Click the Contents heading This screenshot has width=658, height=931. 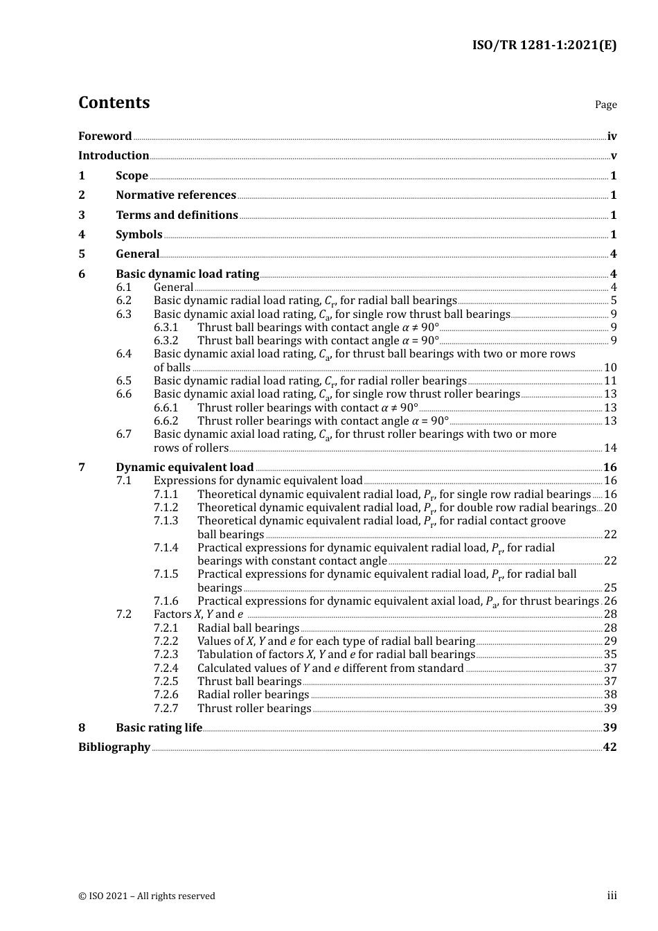point(114,103)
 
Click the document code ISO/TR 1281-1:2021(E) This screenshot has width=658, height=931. point(544,46)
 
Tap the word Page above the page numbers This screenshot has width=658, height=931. point(605,105)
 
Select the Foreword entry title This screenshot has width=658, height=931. point(105,136)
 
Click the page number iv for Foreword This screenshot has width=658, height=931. point(612,136)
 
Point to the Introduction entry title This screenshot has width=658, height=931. point(114,156)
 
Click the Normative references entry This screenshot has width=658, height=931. point(176,195)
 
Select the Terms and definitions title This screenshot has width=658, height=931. point(177,215)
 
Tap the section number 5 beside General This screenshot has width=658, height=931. point(82,254)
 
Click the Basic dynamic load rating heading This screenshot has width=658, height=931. point(187,274)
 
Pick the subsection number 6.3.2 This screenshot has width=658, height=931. point(166,341)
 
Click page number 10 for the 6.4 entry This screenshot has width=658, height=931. point(610,368)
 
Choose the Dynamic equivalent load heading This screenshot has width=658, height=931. point(184,468)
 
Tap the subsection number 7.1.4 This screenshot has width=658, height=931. point(166,548)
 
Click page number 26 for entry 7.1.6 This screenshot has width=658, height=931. point(610,601)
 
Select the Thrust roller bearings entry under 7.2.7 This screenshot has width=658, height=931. point(254,709)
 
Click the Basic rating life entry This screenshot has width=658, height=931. point(159,728)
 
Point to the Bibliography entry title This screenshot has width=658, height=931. point(114,747)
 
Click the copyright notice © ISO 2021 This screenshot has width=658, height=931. point(147,896)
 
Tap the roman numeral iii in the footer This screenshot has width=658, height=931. point(612,896)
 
